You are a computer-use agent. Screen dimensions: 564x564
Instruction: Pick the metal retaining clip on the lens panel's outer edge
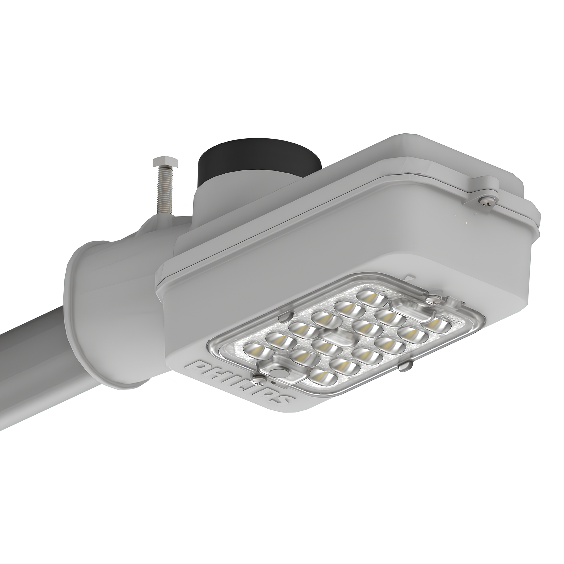click(405, 367)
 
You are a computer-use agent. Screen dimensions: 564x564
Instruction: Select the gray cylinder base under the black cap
click(216, 201)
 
